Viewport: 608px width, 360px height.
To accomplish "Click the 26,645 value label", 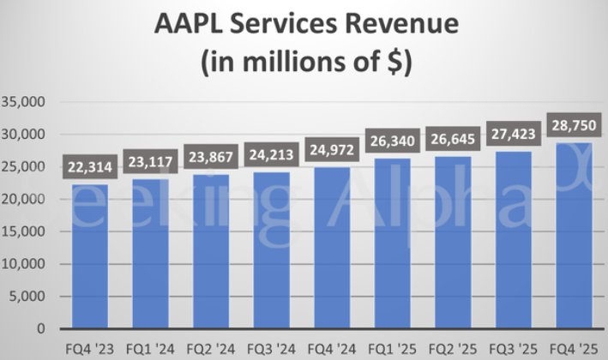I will (452, 141).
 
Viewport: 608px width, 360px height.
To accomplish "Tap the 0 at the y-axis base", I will (41, 328).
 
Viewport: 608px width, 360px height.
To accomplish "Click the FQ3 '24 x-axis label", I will (270, 350).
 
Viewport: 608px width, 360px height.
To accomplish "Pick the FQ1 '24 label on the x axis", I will (149, 350).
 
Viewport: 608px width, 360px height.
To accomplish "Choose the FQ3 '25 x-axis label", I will (512, 350).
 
